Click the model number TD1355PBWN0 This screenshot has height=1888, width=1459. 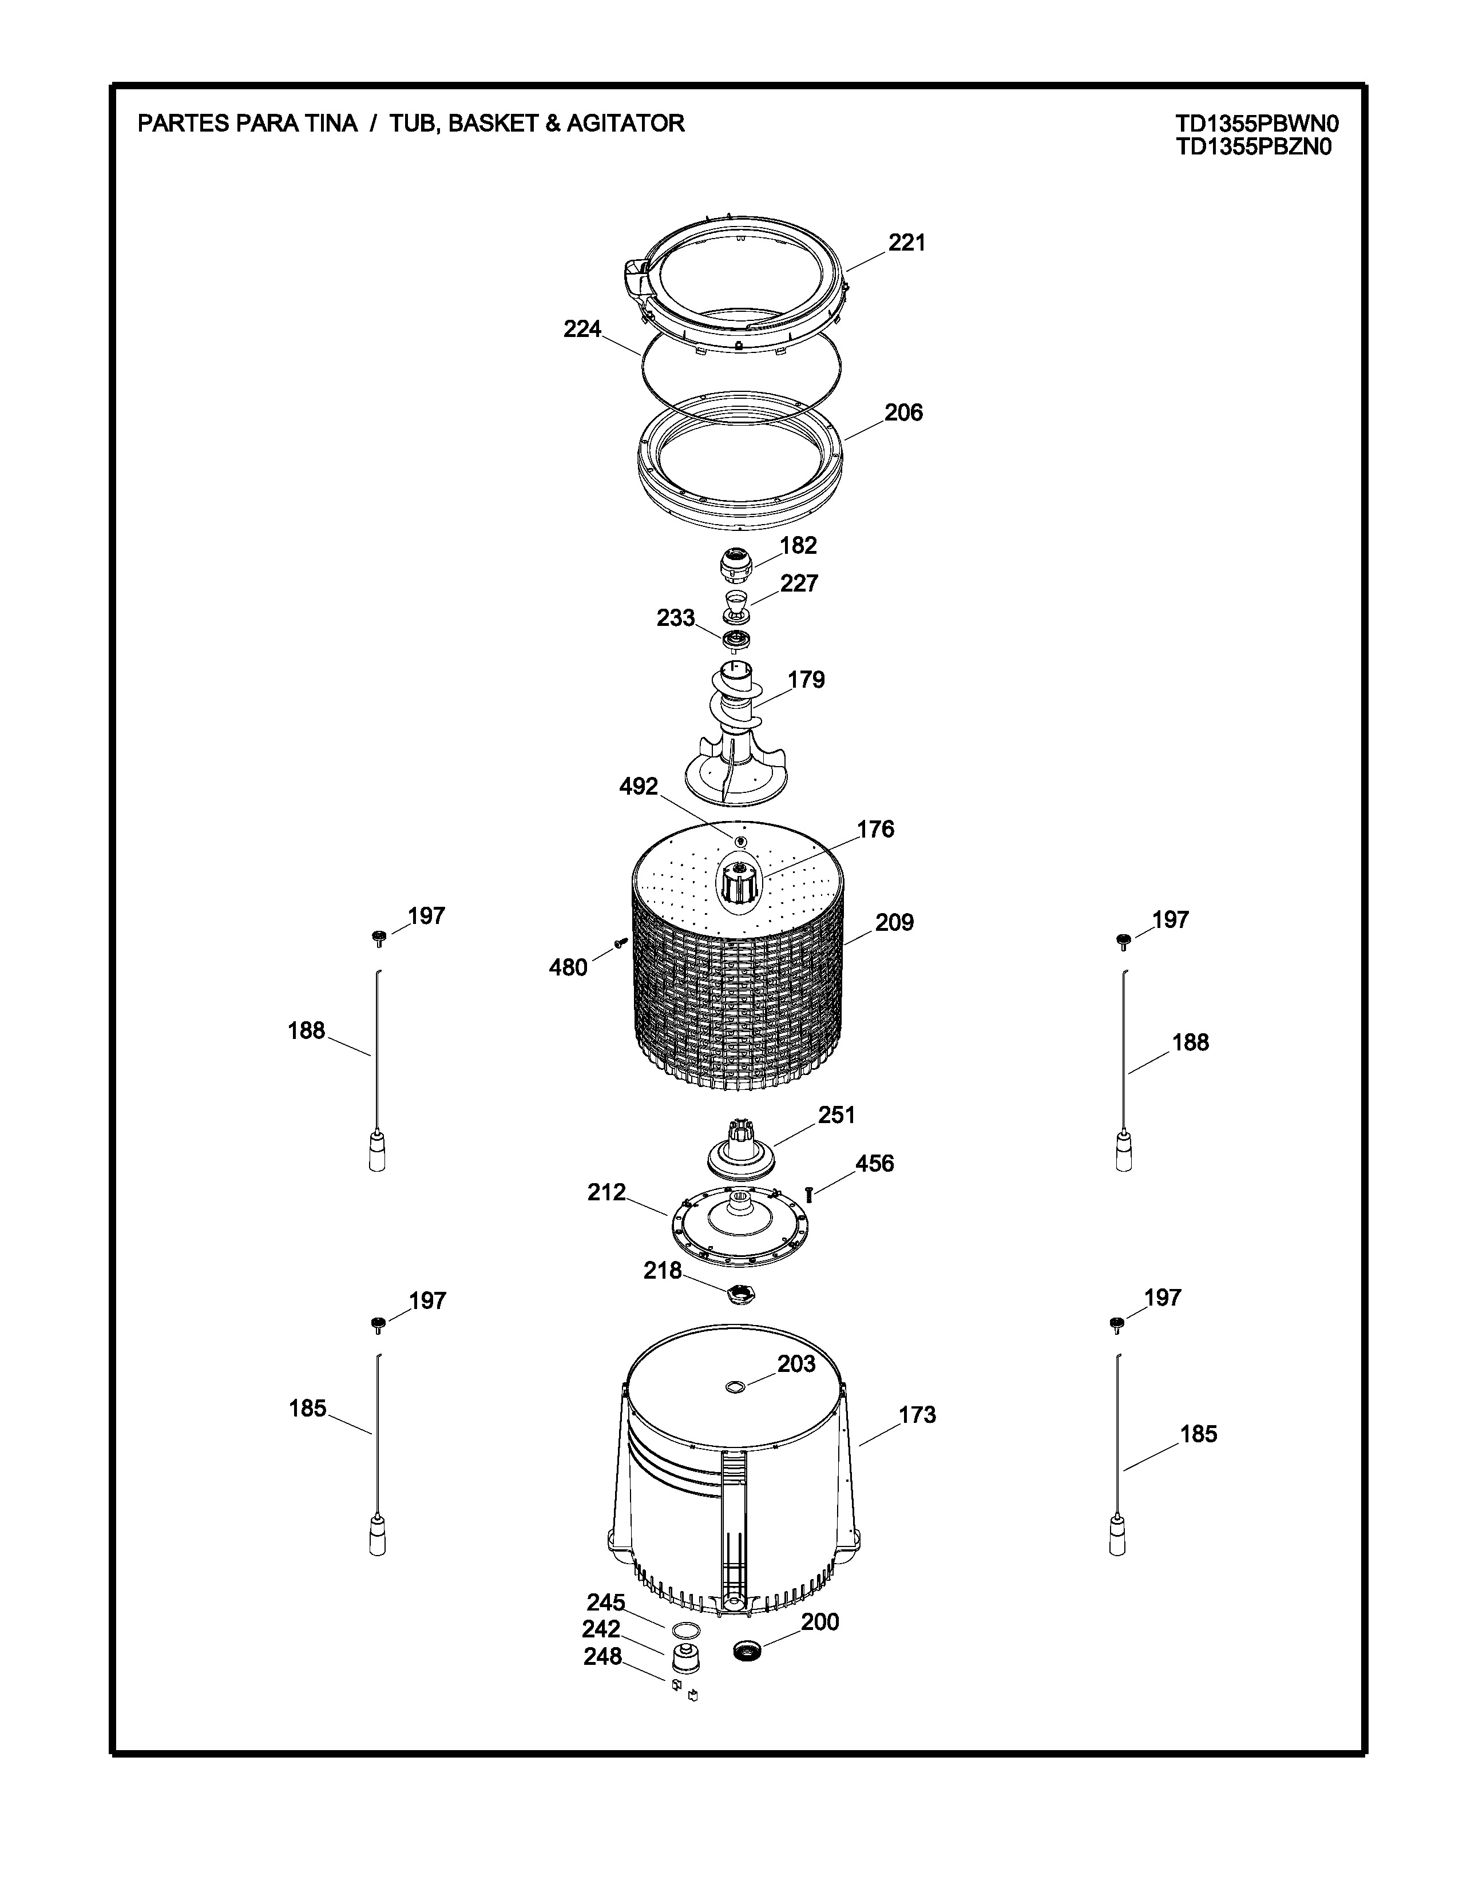click(x=1257, y=124)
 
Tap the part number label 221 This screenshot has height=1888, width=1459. click(x=907, y=243)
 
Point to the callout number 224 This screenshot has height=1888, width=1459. click(x=582, y=328)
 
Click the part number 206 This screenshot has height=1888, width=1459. click(x=903, y=412)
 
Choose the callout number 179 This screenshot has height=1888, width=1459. click(x=806, y=680)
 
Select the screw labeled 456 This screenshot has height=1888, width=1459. click(x=810, y=1194)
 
